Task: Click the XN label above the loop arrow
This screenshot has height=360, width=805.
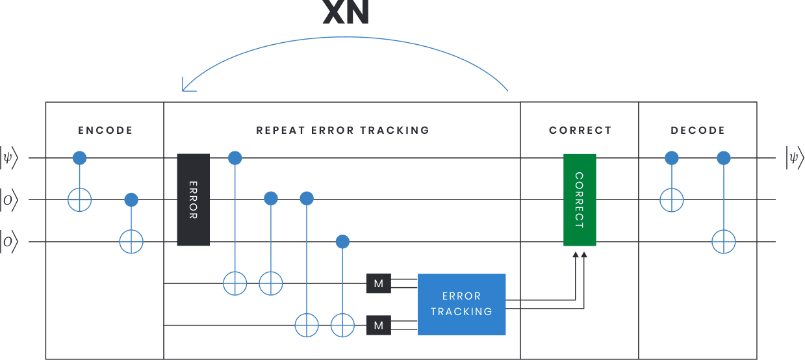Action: coord(346,12)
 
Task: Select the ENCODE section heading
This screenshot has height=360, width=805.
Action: coord(105,131)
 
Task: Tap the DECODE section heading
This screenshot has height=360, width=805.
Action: coord(698,131)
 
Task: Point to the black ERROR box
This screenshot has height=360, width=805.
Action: coord(194,199)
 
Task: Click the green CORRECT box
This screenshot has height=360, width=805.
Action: coord(580,199)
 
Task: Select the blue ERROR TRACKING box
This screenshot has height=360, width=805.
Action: coord(461,304)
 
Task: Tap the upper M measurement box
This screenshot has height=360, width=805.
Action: coord(378,283)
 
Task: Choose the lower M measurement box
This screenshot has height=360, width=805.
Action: coord(378,325)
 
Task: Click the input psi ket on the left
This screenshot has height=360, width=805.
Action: coord(8,158)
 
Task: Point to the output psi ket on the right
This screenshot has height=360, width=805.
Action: coord(795,158)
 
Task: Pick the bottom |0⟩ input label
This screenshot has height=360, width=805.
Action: coord(8,242)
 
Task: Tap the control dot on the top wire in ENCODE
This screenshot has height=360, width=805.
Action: coord(79,158)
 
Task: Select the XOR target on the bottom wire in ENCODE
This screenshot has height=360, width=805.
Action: coord(131,242)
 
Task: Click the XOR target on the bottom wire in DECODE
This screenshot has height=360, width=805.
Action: coord(723,242)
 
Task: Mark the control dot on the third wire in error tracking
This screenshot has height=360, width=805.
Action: coord(342,242)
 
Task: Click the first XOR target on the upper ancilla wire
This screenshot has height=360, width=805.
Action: coord(235,283)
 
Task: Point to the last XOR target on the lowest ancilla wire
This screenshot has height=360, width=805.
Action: coord(342,325)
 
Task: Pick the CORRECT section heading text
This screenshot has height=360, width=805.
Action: coord(580,131)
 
